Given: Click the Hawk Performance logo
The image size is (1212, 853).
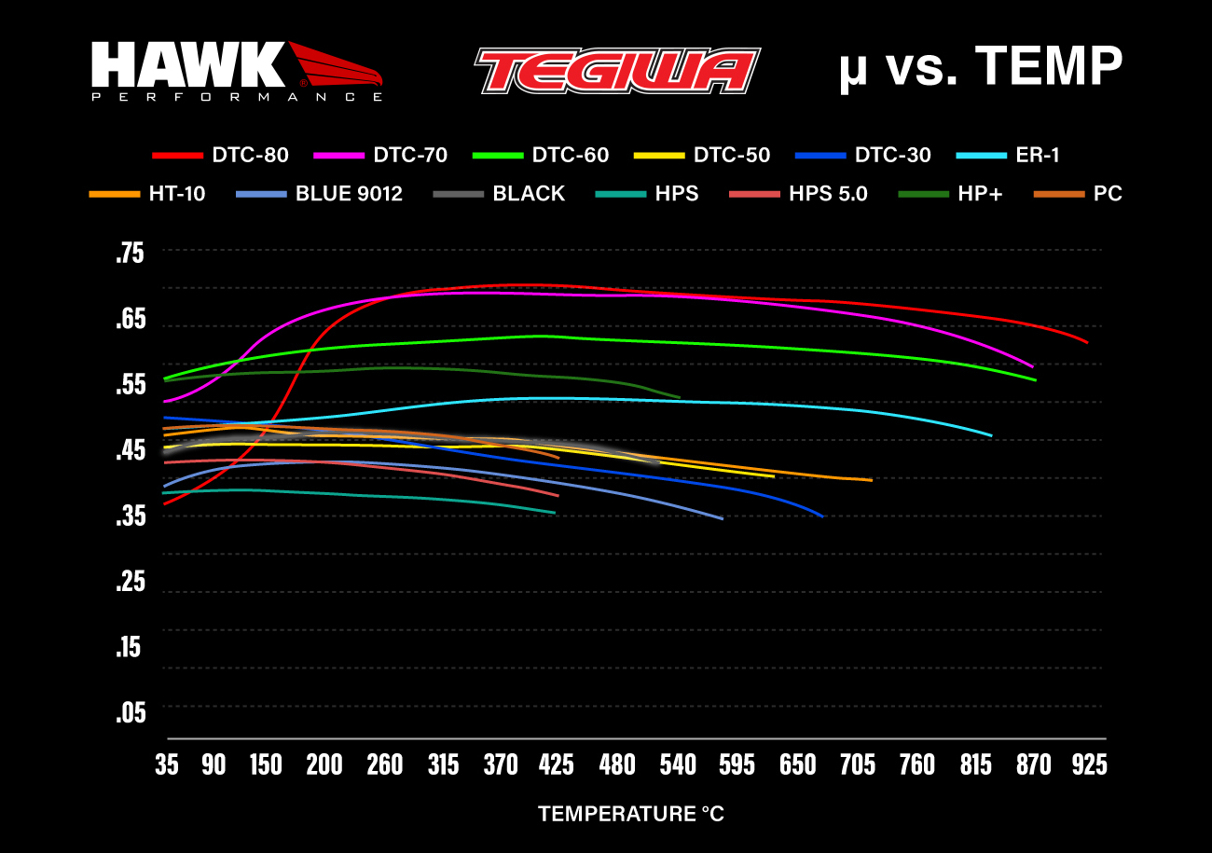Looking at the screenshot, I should pyautogui.click(x=236, y=71).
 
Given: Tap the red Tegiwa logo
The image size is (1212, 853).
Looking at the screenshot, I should pyautogui.click(x=616, y=71).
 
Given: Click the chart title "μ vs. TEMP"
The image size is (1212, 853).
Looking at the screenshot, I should pyautogui.click(x=979, y=68).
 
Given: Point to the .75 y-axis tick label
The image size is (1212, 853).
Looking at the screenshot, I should pyautogui.click(x=131, y=255).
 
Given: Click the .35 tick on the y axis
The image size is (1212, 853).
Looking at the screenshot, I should pyautogui.click(x=131, y=516).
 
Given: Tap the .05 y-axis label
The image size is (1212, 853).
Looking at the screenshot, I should pyautogui.click(x=131, y=713).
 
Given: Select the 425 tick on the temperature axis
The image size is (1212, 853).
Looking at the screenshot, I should pyautogui.click(x=557, y=765).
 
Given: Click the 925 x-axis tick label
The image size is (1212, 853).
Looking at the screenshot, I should pyautogui.click(x=1089, y=765).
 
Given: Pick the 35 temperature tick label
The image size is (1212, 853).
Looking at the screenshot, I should pyautogui.click(x=167, y=765).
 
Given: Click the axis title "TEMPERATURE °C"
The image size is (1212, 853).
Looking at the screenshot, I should pyautogui.click(x=631, y=814).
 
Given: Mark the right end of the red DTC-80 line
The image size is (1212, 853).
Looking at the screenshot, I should pyautogui.click(x=1087, y=342).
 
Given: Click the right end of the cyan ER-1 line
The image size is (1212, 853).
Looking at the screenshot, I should pyautogui.click(x=991, y=435).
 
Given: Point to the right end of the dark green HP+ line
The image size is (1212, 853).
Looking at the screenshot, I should pyautogui.click(x=679, y=397).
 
